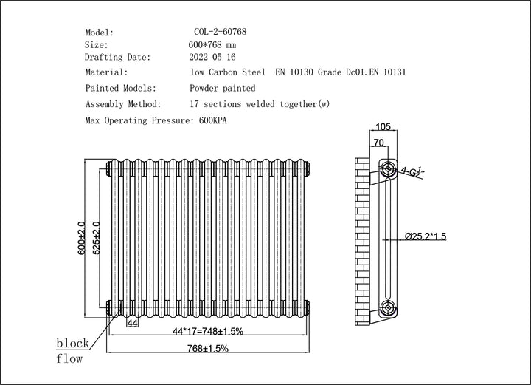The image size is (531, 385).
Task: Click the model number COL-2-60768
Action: pyautogui.click(x=220, y=33)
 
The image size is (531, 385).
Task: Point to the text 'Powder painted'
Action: pyautogui.click(x=222, y=88)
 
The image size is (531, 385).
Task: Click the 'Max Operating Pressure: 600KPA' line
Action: pyautogui.click(x=156, y=120)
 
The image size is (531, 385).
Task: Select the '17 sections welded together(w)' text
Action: pyautogui.click(x=260, y=104)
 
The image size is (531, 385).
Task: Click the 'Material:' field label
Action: pyautogui.click(x=107, y=72)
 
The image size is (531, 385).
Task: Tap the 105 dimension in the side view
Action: pyautogui.click(x=382, y=126)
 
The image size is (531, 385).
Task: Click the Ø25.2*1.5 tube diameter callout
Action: pyautogui.click(x=436, y=236)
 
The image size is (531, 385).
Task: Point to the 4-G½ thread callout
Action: pyautogui.click(x=413, y=171)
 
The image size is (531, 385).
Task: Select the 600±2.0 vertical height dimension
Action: pyautogui.click(x=83, y=238)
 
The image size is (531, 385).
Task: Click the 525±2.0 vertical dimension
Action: pyautogui.click(x=97, y=238)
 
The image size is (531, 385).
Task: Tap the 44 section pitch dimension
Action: pyautogui.click(x=133, y=323)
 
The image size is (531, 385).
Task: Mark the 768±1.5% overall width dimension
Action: pyautogui.click(x=209, y=347)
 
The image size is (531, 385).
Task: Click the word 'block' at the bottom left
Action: pyautogui.click(x=74, y=343)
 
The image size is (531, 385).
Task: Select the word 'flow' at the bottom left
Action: pyautogui.click(x=69, y=359)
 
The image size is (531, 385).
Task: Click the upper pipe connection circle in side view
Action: pyautogui.click(x=387, y=169)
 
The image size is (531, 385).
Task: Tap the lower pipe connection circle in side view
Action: pyautogui.click(x=387, y=307)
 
